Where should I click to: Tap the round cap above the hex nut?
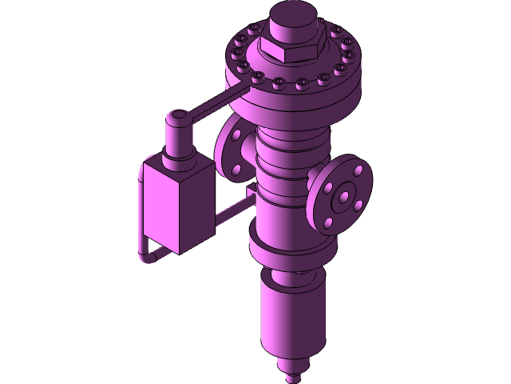[x=293, y=21]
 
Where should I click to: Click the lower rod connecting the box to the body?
[x=232, y=210]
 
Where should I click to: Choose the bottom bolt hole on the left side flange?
[x=236, y=170]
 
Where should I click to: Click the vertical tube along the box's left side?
[x=141, y=208]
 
